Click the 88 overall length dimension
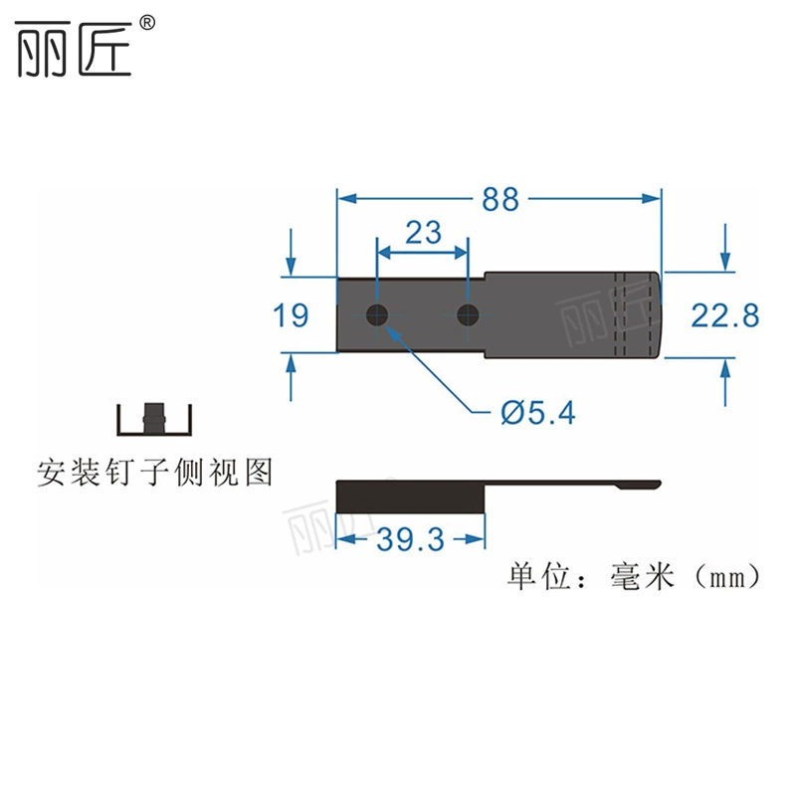[500, 199]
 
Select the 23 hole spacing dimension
[424, 233]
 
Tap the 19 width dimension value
[291, 315]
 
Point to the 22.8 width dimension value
[725, 315]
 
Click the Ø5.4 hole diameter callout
[538, 412]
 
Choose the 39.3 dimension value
[410, 538]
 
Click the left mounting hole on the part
[377, 314]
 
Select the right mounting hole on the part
[468, 314]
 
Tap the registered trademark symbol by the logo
[146, 23]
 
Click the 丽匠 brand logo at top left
[74, 49]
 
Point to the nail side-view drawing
[154, 419]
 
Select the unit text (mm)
[727, 577]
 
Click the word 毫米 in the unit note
[643, 577]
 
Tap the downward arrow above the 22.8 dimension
[725, 247]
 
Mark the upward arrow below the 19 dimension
[291, 377]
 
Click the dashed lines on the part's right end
[633, 314]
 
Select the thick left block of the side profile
[411, 497]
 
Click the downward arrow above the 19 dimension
[291, 253]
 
